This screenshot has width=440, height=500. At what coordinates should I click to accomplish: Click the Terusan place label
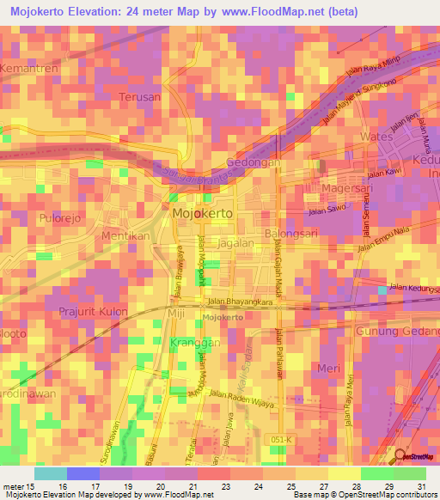140,97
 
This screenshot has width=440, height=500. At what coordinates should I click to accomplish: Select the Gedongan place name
253,162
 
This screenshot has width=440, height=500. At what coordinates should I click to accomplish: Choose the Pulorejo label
60,218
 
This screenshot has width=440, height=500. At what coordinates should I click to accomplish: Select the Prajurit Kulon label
94,311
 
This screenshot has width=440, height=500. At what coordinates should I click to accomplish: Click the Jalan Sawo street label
327,209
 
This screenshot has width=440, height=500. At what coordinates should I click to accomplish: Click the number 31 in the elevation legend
420,485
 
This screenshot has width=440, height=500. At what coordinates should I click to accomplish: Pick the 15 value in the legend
25,485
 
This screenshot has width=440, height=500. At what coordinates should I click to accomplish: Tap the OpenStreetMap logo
415,455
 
